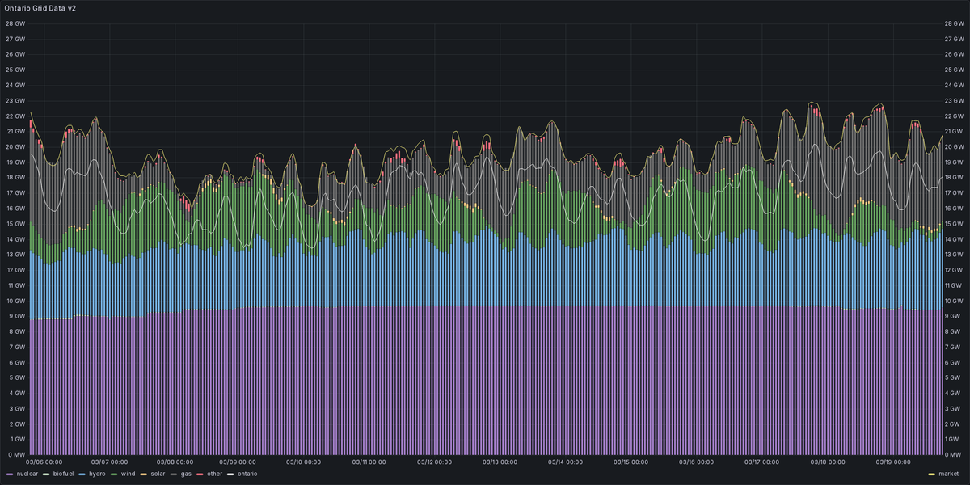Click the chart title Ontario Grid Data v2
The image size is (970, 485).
tap(40, 7)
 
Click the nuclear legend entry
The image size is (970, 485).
tap(27, 473)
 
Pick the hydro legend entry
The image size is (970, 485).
tap(97, 473)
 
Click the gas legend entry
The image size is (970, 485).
tap(185, 473)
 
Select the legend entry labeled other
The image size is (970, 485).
tap(213, 473)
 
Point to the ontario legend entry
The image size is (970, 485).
tap(247, 473)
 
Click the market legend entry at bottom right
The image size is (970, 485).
tap(949, 473)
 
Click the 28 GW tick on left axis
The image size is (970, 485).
tap(15, 23)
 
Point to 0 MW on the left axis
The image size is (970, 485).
tap(15, 454)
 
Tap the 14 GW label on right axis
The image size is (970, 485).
tap(954, 239)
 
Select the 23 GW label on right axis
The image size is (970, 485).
tap(954, 100)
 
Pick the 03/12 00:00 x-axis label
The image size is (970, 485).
tap(435, 462)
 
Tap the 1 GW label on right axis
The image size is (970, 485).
tap(952, 439)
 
